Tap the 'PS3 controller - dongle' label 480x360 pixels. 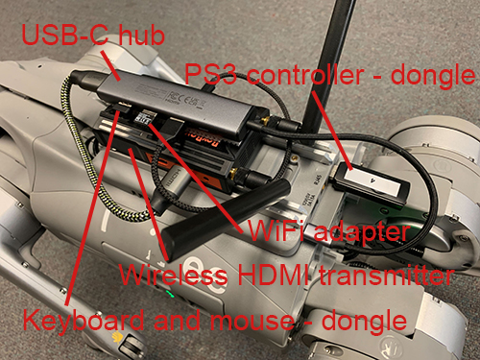(329, 76)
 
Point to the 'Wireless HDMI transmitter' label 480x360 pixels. (286, 275)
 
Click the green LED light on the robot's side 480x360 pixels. (170, 294)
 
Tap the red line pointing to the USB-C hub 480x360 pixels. (111, 65)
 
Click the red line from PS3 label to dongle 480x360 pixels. (332, 131)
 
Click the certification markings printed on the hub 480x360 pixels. (185, 99)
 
